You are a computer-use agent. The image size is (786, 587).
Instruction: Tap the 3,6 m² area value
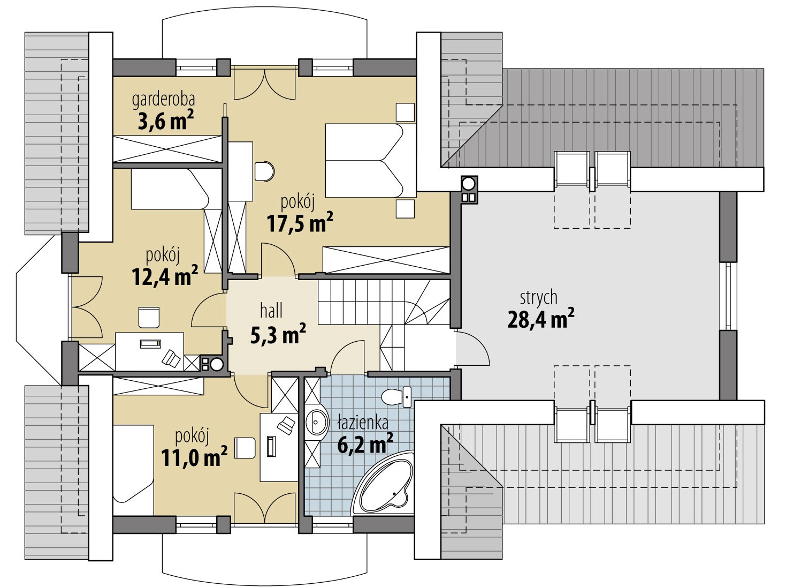tap(166, 121)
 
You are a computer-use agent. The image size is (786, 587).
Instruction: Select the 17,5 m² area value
tap(300, 223)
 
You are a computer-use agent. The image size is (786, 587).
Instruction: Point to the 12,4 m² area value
tap(165, 276)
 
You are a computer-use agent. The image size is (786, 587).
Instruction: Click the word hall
tap(271, 310)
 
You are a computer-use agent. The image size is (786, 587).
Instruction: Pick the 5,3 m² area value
tap(278, 334)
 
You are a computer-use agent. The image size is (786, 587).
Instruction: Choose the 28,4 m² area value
tap(541, 319)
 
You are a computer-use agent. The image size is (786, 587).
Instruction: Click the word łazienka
tap(363, 423)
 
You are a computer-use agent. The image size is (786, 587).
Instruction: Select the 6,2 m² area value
tap(365, 444)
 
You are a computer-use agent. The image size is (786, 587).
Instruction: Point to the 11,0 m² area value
tap(194, 457)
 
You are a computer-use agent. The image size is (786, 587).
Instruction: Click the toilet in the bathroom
tap(396, 397)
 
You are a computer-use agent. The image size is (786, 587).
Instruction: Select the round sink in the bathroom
tap(317, 422)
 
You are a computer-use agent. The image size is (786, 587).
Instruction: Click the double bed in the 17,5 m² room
tap(371, 161)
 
